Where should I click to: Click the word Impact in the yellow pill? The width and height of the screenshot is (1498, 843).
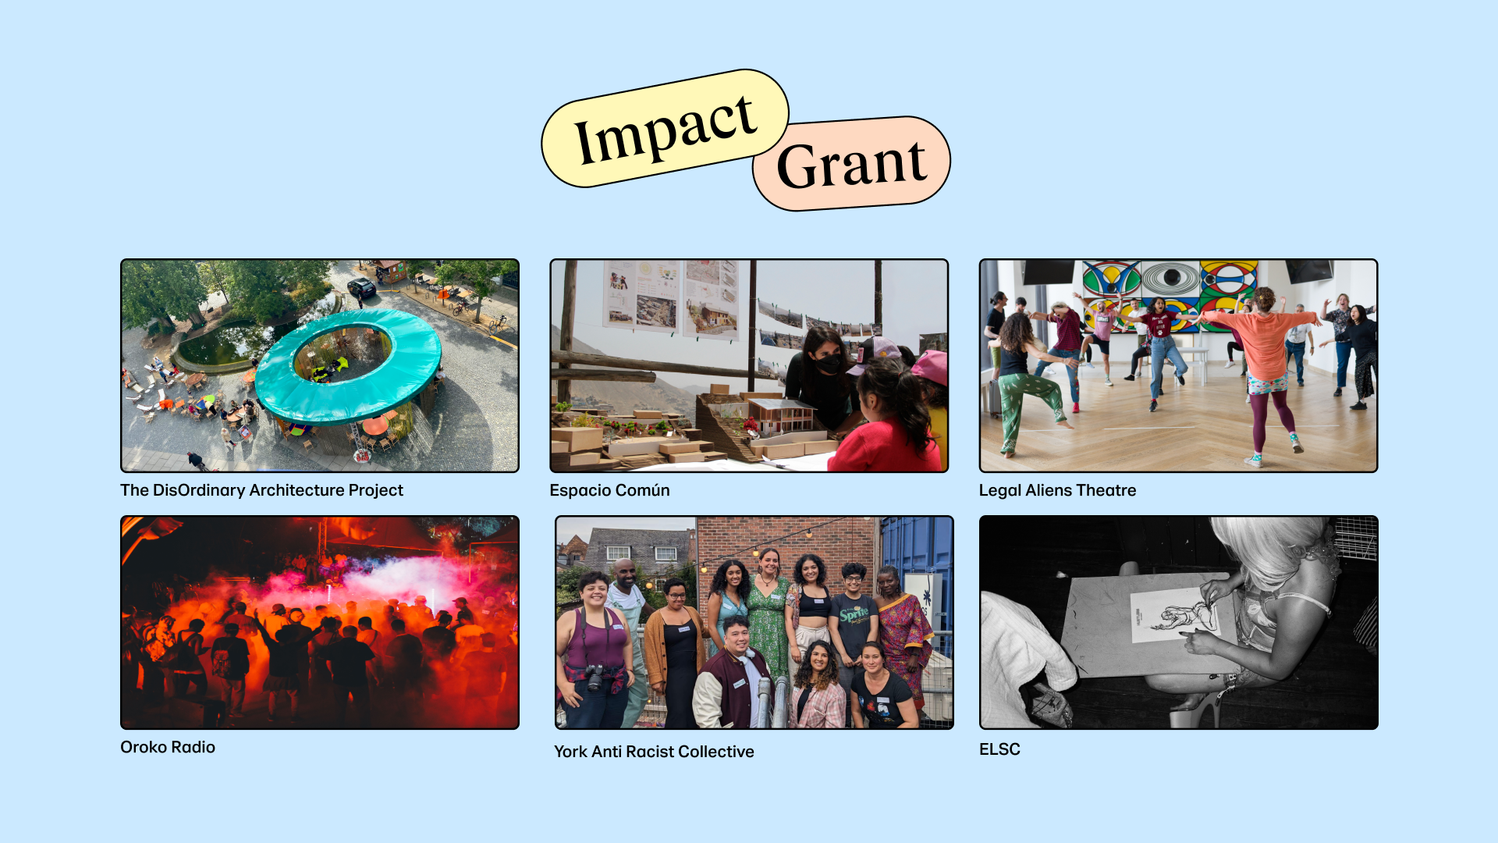point(665,130)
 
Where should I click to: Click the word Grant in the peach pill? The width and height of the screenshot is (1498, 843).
point(851,165)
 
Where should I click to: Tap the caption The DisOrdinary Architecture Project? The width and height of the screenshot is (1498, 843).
point(261,490)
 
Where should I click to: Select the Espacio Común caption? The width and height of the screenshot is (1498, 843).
point(609,490)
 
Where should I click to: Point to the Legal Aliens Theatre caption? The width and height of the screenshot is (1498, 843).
point(1057,490)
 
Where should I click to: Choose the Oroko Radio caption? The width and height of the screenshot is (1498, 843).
point(168,747)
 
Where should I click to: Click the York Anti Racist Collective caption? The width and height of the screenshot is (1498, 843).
point(654,752)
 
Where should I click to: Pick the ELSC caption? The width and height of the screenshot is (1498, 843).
point(999,749)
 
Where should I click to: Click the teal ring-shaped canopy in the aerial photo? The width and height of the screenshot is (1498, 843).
point(347,390)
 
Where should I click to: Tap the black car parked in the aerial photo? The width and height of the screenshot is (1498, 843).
point(361,287)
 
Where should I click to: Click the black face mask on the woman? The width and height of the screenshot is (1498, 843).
point(828,363)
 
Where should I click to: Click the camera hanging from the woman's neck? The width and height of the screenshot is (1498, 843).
point(595,678)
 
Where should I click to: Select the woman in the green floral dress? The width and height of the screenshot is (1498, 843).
point(769,617)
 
